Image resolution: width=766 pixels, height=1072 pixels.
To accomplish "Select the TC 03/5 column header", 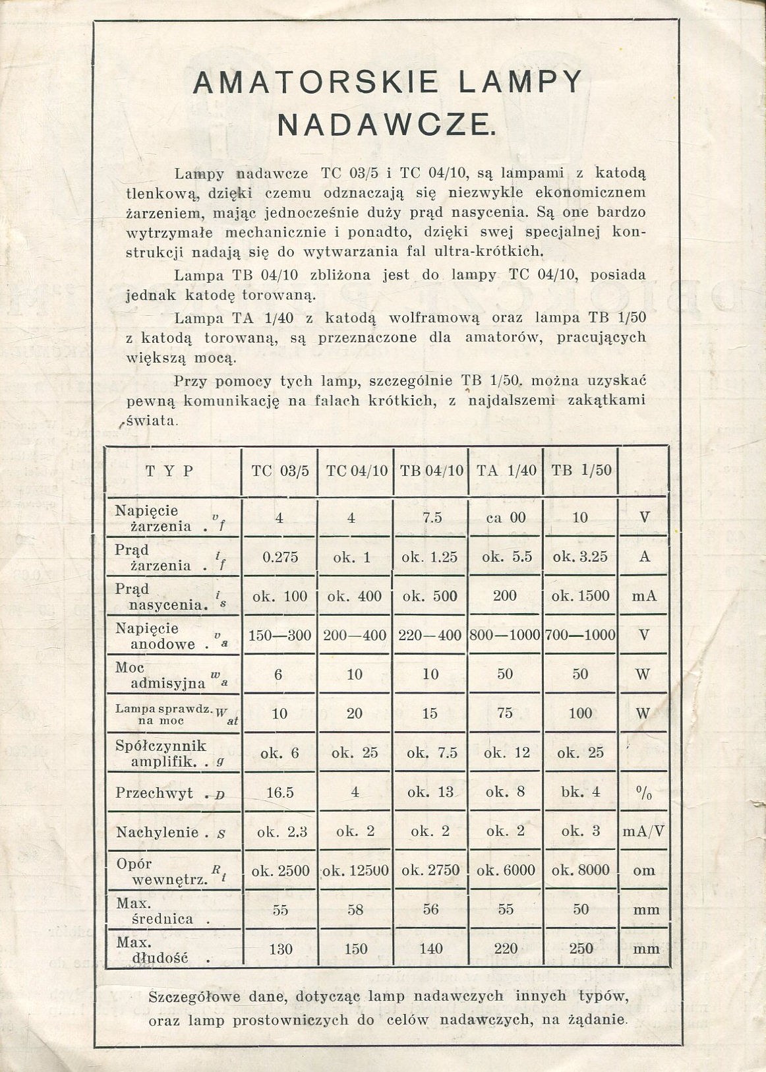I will coord(280,471).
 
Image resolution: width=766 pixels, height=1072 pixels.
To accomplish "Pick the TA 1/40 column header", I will coord(506,471).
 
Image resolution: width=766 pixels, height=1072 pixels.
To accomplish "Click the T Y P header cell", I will coord(169,471).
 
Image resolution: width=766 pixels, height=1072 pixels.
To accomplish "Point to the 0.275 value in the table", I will coord(280,557).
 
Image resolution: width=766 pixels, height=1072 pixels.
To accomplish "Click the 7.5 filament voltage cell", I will coord(431,518).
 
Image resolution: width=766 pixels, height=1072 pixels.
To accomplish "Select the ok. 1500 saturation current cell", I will coord(580,596).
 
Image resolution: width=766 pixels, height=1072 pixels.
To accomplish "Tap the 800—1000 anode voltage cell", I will coord(506,635).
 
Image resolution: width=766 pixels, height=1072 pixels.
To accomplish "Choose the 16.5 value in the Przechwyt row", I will coord(280,792).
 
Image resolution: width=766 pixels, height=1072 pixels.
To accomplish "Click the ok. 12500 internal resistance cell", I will coord(355,870).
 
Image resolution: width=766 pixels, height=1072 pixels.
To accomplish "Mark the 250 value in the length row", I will coord(580,949).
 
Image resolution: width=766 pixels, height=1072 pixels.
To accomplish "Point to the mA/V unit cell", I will coord(644,831).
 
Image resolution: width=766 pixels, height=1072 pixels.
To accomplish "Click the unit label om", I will coord(644,870).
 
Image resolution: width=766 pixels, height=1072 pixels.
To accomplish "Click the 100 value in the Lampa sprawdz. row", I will coord(580,713).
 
